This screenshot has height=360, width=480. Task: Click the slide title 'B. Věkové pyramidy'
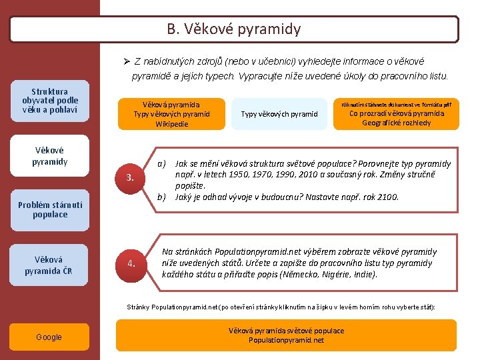[x=234, y=29]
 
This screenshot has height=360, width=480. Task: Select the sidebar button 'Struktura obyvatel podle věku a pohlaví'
[x=50, y=101]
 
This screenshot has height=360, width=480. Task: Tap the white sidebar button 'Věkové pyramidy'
[x=50, y=157]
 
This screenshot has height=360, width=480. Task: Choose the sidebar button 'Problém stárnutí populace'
[x=50, y=210]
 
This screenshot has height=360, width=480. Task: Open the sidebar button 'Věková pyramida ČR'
[x=50, y=265]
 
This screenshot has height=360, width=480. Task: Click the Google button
[x=49, y=337]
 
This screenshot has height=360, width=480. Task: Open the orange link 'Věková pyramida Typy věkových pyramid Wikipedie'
[x=171, y=114]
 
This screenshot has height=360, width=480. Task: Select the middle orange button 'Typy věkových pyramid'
[x=280, y=114]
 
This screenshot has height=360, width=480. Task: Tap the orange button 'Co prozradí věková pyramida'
[x=397, y=113]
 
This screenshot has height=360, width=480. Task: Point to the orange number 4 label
[x=131, y=263]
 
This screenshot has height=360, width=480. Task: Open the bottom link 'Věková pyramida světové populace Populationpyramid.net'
[x=286, y=335]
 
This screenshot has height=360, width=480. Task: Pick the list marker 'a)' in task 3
[x=161, y=164]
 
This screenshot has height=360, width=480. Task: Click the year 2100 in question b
[x=387, y=197]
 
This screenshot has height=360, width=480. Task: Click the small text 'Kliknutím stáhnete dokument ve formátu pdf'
[x=396, y=104]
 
